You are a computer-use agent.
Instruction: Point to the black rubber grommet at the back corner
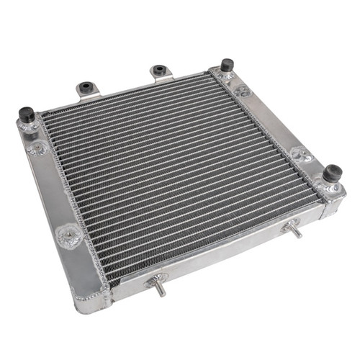pos(227,65)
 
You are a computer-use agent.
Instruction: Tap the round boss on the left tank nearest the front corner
pos(69,234)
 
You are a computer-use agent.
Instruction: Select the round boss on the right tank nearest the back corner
pos(242,91)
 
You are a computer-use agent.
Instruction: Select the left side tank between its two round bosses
pos(52,190)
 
